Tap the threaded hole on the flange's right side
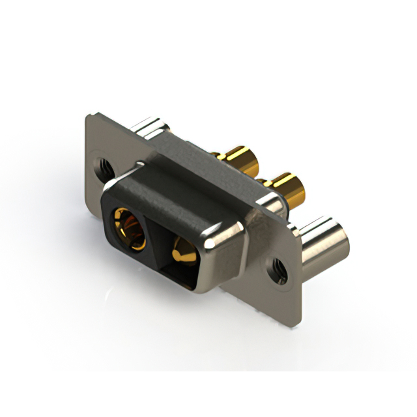(x=278, y=267)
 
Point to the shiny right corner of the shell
(x=218, y=248)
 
